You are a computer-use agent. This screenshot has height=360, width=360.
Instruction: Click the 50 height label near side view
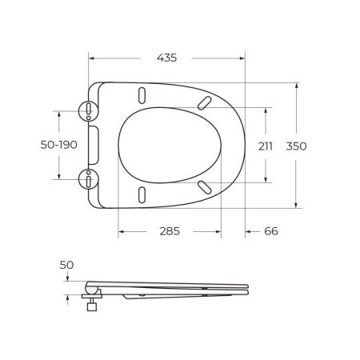pos(66,265)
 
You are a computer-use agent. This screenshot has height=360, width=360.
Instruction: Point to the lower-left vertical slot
pos(142,195)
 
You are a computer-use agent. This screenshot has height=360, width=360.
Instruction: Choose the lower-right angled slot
pos(205,186)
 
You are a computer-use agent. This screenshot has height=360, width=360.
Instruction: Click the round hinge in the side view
pos(93,288)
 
